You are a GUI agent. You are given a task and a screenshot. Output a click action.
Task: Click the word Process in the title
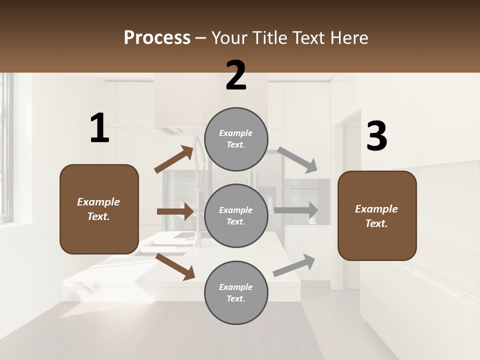click(157, 37)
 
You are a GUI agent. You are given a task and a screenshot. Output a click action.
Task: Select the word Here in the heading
click(348, 37)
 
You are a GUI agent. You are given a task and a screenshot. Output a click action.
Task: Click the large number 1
click(99, 128)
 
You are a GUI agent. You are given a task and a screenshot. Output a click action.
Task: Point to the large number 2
click(236, 75)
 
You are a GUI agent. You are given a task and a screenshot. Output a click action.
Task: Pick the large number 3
click(376, 136)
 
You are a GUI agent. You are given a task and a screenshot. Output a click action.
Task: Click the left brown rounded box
click(99, 209)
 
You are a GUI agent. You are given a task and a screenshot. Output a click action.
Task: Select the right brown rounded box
click(377, 216)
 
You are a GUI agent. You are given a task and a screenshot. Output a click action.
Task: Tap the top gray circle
click(236, 139)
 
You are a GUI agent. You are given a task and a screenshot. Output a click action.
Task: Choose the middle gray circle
click(236, 216)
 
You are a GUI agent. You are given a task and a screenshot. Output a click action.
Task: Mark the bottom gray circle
click(236, 293)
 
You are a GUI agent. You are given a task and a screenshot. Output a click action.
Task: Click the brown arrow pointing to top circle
click(174, 159)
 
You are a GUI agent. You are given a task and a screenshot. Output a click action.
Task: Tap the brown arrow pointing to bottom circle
click(175, 266)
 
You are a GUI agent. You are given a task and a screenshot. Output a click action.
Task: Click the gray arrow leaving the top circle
click(297, 159)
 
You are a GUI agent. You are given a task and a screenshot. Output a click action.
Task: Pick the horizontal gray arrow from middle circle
click(296, 210)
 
